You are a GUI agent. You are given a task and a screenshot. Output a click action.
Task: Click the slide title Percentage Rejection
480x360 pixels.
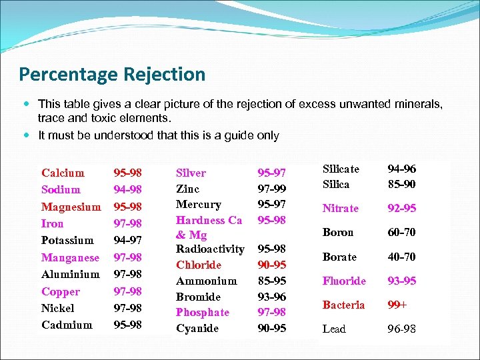coord(112,74)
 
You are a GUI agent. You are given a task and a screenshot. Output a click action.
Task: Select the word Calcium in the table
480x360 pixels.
coord(63,173)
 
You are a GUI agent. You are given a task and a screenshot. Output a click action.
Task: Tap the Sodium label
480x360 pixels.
coord(61,189)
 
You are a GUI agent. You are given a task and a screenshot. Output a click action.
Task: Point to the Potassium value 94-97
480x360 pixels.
coord(127,240)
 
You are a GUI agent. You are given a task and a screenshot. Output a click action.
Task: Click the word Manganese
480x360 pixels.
coord(70,257)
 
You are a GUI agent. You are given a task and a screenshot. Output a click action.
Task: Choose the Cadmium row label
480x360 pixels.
coord(67,325)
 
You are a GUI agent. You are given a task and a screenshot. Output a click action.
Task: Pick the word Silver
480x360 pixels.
coord(191,173)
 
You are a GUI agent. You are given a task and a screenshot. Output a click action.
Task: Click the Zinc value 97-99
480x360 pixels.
coord(271,189)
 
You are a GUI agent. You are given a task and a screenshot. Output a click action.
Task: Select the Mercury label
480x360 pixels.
coord(198,204)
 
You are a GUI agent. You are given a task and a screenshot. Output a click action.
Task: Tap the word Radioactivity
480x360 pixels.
coord(210,249)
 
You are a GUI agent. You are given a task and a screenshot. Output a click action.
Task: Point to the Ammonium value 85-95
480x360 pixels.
coord(271,281)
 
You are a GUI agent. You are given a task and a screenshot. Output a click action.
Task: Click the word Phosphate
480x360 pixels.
coord(203,312)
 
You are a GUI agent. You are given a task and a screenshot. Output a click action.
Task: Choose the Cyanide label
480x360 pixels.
coord(197,328)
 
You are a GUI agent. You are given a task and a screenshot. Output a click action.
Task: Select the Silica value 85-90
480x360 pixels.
coord(401,183)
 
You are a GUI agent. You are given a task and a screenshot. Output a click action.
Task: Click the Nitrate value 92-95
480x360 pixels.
coord(401,208)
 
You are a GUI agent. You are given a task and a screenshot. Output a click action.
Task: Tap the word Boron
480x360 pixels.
coord(338,232)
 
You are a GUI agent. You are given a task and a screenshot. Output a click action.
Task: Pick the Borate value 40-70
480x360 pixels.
coord(401,257)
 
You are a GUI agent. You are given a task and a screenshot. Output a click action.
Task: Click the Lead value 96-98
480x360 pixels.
coord(401,329)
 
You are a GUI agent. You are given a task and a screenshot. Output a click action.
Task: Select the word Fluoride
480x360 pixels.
coord(344,281)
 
